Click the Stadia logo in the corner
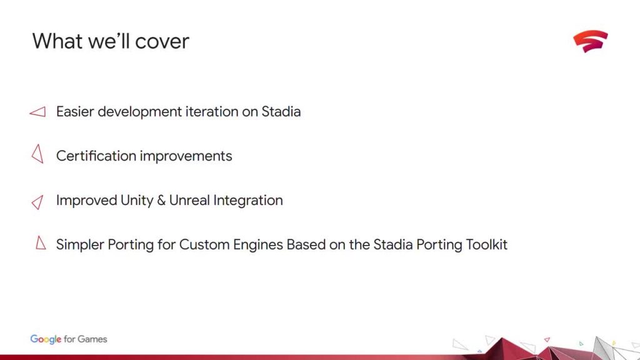590,41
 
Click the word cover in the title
162,41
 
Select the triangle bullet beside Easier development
37,112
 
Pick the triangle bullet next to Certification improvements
37,154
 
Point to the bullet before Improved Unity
37,202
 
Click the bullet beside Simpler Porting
41,242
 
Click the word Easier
75,111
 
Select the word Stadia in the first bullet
281,111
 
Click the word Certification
96,156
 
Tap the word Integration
248,201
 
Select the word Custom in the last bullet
204,244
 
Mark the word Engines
258,245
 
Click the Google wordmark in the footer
46,339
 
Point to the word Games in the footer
92,339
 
